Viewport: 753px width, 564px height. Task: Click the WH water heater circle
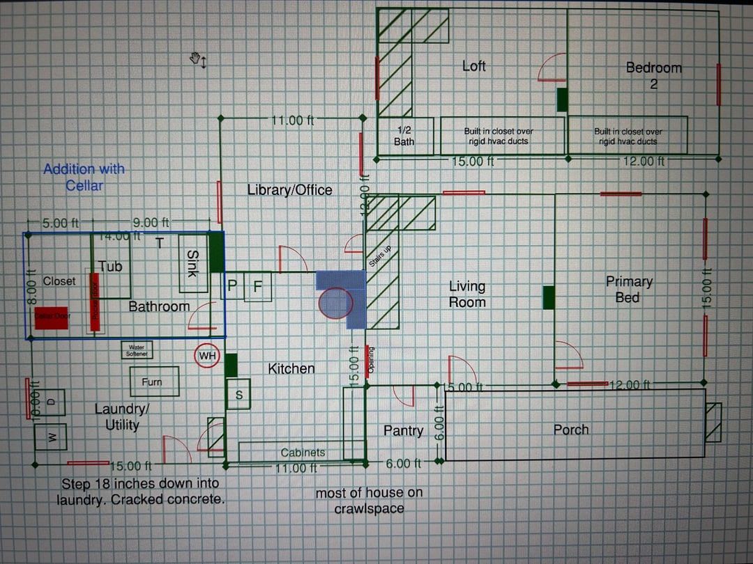208,357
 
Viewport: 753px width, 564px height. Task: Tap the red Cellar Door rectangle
52,317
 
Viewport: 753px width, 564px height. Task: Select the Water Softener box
137,350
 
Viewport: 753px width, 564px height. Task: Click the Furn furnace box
154,382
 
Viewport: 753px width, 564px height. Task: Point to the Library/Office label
289,189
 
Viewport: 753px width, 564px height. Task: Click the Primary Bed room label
628,289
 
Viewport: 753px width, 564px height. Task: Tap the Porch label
571,430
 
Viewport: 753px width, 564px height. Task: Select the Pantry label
403,431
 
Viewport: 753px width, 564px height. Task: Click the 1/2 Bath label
404,136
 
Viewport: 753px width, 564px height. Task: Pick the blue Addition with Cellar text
84,177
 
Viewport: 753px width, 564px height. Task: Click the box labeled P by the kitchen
233,285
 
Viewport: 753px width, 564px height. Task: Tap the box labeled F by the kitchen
257,285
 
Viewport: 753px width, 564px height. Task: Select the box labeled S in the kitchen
239,395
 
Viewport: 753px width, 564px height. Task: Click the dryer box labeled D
50,402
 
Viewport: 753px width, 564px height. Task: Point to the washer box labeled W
50,437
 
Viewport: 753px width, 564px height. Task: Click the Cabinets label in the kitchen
303,453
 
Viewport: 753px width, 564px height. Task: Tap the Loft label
474,66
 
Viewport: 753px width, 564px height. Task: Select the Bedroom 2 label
653,75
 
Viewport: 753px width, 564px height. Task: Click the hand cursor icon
197,60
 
